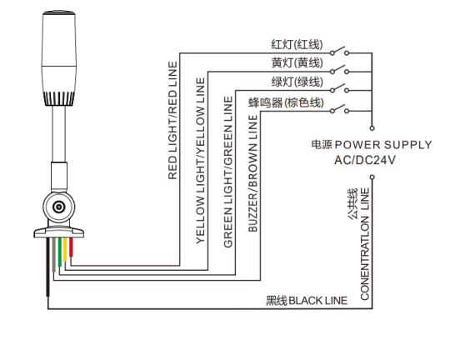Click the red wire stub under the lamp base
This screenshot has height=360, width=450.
coord(71,247)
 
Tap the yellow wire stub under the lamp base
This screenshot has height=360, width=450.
coord(65,249)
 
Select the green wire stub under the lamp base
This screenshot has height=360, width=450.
coord(60,252)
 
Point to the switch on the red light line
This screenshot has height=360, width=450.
coord(339,51)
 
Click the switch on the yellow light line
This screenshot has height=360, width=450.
coord(339,69)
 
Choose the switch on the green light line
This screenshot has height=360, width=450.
coord(339,88)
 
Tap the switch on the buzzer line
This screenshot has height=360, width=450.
coord(339,109)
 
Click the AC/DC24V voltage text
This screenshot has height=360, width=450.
coord(365,160)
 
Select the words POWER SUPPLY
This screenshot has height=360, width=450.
coord(383,145)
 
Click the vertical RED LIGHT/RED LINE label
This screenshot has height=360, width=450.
coord(172,120)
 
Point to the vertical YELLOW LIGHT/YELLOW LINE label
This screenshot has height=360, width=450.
coord(201,161)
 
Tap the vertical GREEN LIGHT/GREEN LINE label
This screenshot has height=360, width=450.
coord(228,172)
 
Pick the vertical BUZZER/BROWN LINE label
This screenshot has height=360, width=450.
coord(252,173)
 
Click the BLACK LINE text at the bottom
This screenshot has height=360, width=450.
coord(318,301)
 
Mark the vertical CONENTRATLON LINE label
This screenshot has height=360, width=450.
coord(364,244)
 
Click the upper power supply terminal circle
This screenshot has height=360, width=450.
coord(372,128)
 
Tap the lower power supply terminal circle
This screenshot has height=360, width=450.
coord(372,177)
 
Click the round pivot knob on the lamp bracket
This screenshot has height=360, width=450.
coord(59,207)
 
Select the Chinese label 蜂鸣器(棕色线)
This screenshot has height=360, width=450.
coord(286,102)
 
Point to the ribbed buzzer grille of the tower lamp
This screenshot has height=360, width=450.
coord(59,99)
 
